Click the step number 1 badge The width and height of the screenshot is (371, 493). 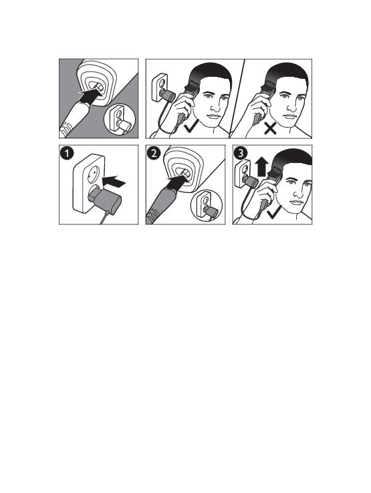click(x=67, y=154)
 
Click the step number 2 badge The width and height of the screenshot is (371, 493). click(x=153, y=154)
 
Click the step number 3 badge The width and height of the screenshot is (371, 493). click(x=241, y=154)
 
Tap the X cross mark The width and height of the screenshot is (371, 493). click(x=271, y=128)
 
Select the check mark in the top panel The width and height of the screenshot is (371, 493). click(x=191, y=128)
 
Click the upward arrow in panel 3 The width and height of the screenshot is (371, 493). click(x=262, y=167)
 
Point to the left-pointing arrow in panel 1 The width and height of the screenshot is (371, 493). click(x=114, y=182)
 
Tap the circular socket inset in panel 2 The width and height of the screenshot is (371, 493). click(x=207, y=206)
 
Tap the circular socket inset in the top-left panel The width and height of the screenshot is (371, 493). click(x=120, y=121)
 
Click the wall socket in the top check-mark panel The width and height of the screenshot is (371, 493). click(x=160, y=87)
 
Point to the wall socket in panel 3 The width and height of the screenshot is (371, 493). click(x=242, y=174)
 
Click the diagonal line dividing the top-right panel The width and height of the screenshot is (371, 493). click(x=237, y=99)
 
